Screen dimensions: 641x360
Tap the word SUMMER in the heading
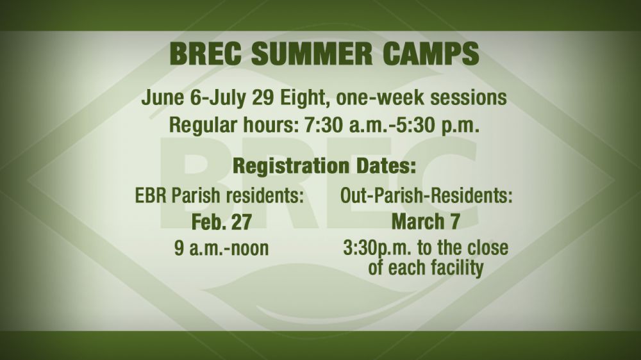[312, 53]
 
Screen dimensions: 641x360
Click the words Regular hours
[234, 126]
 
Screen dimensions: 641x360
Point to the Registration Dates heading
[324, 166]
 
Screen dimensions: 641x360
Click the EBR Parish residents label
[219, 196]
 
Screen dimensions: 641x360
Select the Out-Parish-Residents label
[426, 196]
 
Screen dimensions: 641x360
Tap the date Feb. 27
[222, 222]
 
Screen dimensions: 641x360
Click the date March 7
[426, 222]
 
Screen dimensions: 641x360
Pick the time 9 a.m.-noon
[222, 248]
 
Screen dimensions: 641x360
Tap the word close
[488, 248]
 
